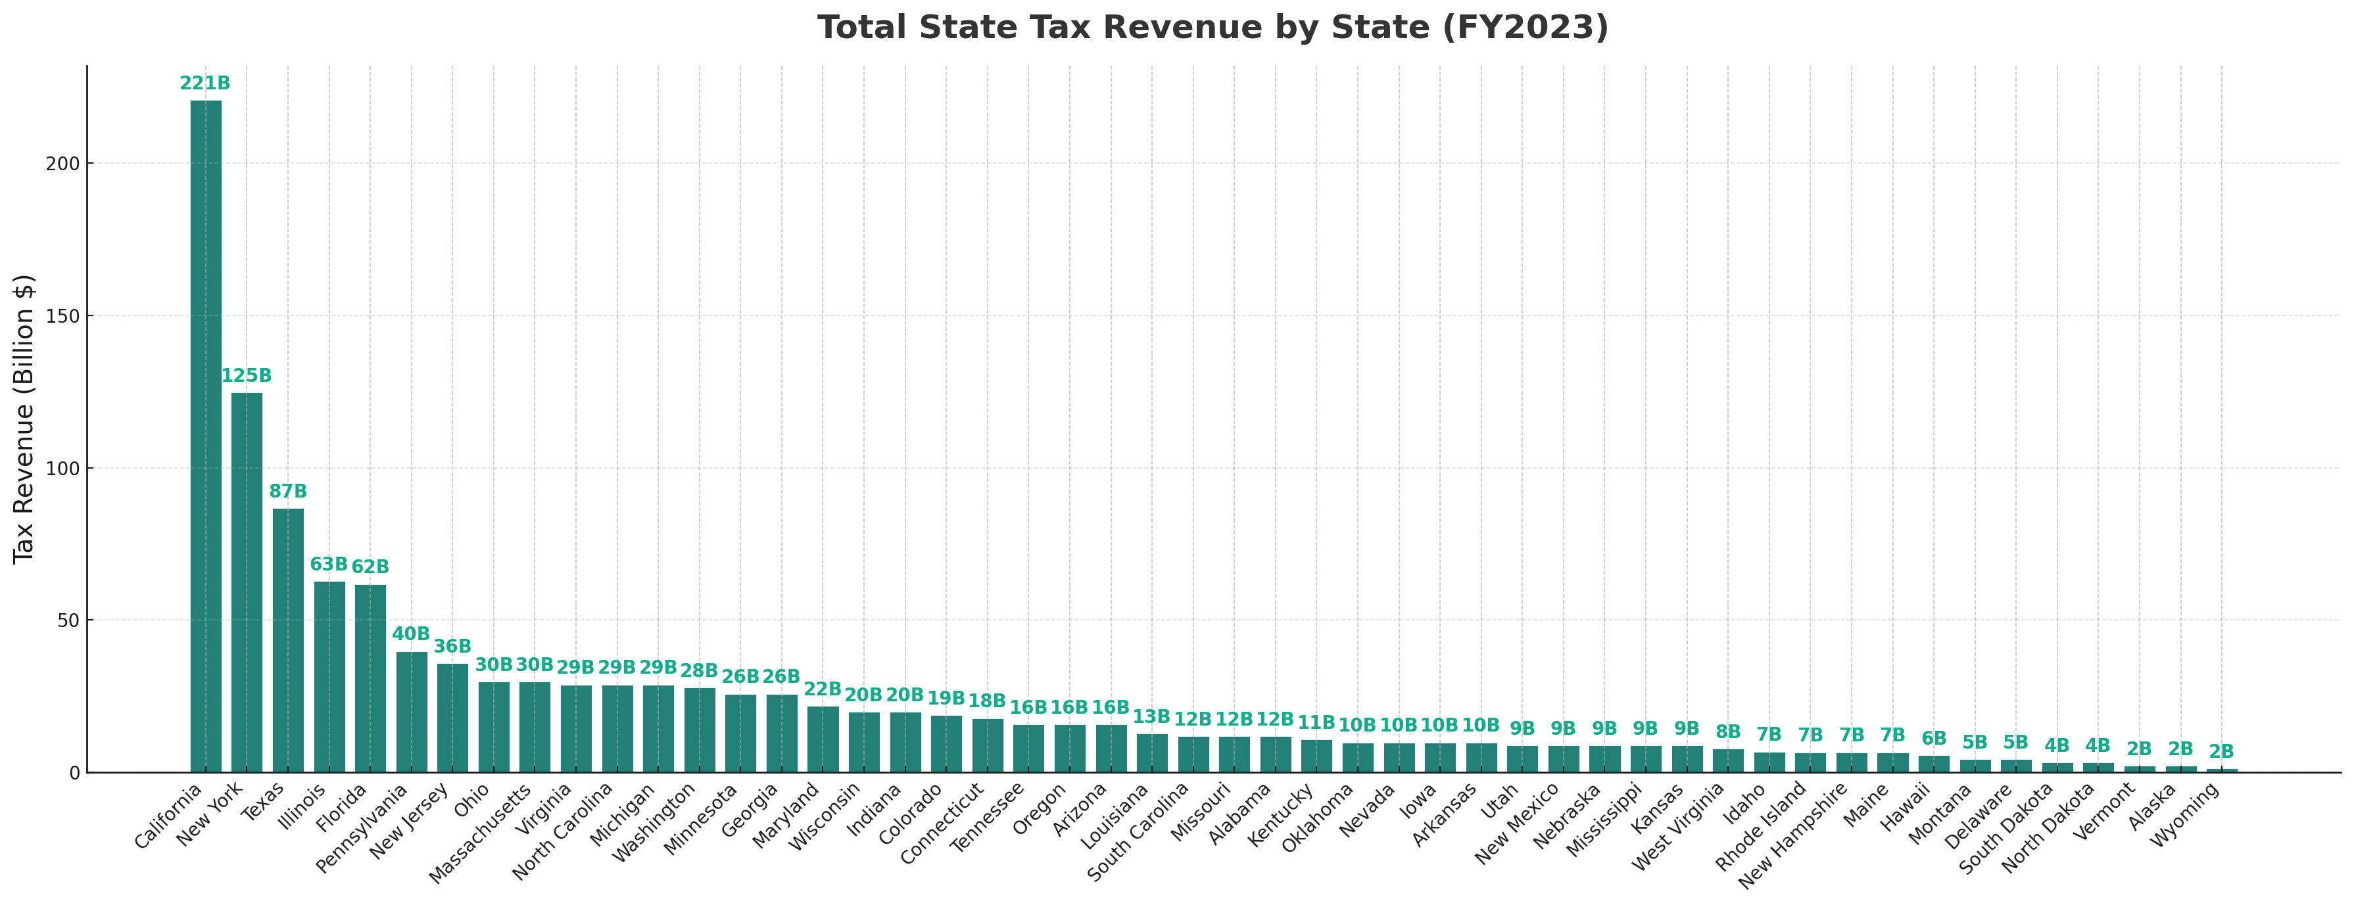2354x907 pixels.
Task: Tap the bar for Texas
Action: [288, 640]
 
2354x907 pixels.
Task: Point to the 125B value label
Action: [247, 377]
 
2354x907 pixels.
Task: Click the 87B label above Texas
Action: [288, 492]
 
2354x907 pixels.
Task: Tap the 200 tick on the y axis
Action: [68, 164]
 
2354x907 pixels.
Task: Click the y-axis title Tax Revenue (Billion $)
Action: [25, 418]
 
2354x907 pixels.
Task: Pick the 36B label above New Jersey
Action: [452, 647]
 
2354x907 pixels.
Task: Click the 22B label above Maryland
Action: [823, 689]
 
